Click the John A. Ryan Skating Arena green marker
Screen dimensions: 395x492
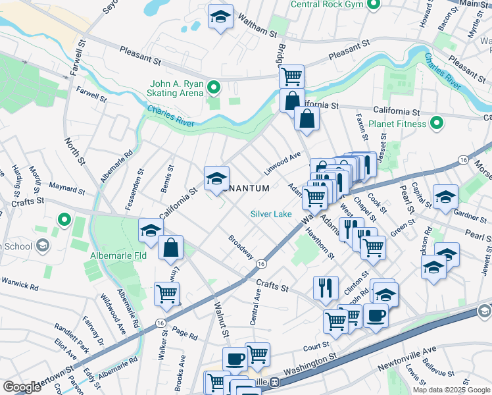click(x=214, y=87)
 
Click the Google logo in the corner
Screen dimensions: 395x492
click(x=22, y=387)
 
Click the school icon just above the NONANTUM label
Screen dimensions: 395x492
click(x=216, y=178)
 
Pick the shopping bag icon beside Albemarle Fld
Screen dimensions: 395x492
click(x=171, y=248)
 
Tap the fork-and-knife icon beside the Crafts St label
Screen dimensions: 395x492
click(x=326, y=287)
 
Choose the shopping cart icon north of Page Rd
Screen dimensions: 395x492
click(x=166, y=294)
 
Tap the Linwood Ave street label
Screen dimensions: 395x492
click(x=282, y=159)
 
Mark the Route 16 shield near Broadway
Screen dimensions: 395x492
click(x=262, y=263)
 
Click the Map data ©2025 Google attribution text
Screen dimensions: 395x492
click(x=451, y=389)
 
